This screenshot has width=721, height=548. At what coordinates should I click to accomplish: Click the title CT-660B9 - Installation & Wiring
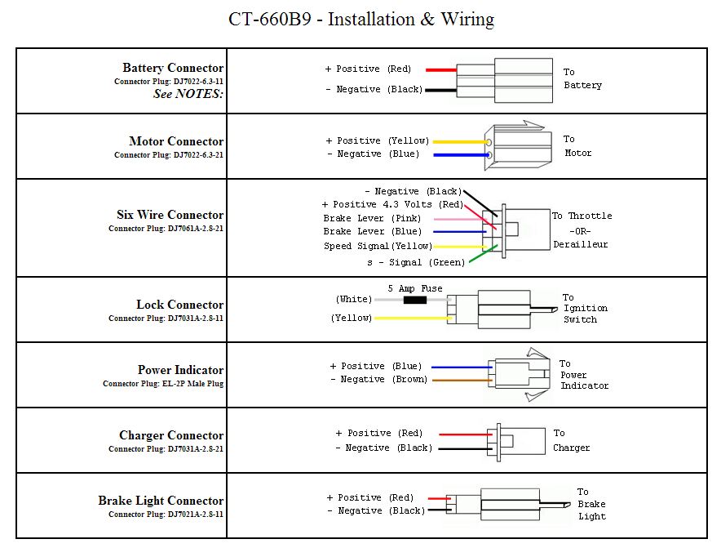360,19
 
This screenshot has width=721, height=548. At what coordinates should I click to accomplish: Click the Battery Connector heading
173,68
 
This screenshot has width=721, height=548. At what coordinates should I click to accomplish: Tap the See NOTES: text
188,94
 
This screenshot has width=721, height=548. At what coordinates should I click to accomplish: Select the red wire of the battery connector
440,69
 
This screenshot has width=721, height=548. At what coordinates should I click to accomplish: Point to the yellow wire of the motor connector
458,141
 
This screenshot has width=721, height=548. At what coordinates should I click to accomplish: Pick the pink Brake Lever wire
462,219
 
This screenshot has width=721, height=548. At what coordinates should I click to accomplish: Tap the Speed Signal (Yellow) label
378,246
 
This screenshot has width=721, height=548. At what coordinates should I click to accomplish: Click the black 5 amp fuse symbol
415,300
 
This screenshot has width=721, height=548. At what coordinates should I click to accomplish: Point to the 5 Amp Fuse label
415,288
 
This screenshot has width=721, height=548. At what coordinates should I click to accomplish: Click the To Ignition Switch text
585,309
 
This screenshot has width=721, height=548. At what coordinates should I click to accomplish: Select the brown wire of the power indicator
461,380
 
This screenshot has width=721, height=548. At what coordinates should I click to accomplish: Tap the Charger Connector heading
170,435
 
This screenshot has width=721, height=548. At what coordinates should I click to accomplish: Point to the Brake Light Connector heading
161,501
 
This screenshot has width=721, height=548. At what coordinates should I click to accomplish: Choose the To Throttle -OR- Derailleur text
582,229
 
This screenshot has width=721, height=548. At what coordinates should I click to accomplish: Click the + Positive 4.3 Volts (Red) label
392,204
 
